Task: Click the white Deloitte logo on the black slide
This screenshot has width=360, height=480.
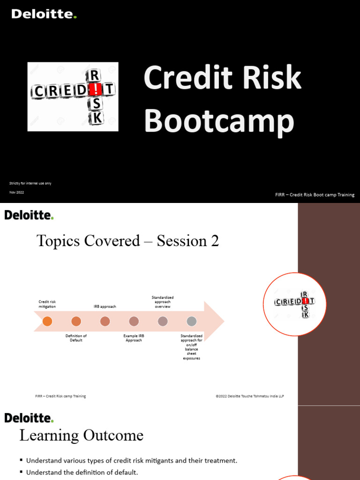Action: (44, 14)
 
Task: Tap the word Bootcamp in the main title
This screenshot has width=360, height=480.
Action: (219, 122)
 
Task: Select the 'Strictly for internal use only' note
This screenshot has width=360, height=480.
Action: (30, 183)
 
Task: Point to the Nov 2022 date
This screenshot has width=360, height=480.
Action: (16, 193)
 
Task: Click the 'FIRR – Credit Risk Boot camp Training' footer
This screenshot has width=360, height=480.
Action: (315, 195)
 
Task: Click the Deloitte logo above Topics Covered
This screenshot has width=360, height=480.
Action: (29, 215)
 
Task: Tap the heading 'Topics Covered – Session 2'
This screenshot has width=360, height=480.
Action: (127, 241)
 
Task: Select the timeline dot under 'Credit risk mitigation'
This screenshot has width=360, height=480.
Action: (47, 321)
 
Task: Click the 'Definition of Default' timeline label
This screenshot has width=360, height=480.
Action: (76, 338)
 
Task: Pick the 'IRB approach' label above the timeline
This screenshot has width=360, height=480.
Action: (105, 307)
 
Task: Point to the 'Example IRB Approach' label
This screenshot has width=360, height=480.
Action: (134, 338)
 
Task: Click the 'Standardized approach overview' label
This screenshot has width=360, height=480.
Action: (163, 302)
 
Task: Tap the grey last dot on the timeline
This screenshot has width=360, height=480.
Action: (191, 321)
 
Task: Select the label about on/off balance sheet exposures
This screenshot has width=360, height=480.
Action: (192, 347)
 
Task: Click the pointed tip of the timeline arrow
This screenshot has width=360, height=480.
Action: (223, 322)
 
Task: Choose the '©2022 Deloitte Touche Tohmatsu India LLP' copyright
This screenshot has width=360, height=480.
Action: (250, 396)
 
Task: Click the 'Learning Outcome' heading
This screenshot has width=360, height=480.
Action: (81, 435)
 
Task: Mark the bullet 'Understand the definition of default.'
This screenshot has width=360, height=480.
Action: (82, 472)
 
